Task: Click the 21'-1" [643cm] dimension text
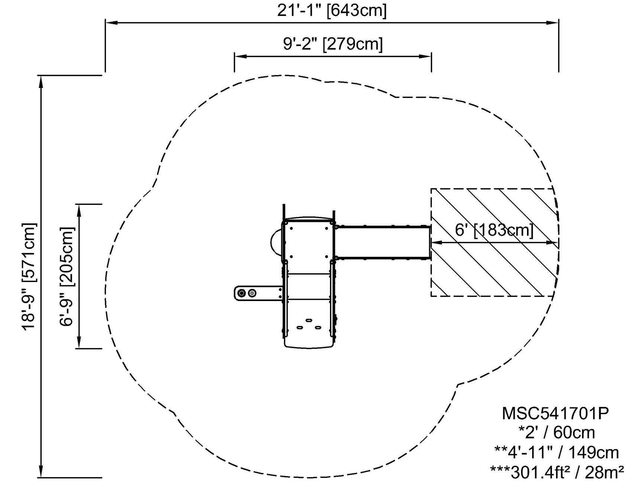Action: coord(332,10)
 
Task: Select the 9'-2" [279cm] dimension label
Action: coord(333,44)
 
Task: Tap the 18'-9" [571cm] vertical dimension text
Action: coord(29,276)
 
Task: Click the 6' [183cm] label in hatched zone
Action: coord(494,230)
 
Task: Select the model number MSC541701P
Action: coord(555,413)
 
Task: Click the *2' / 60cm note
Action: coord(556,433)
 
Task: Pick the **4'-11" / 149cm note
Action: coord(556,452)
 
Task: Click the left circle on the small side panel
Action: coord(242,293)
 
